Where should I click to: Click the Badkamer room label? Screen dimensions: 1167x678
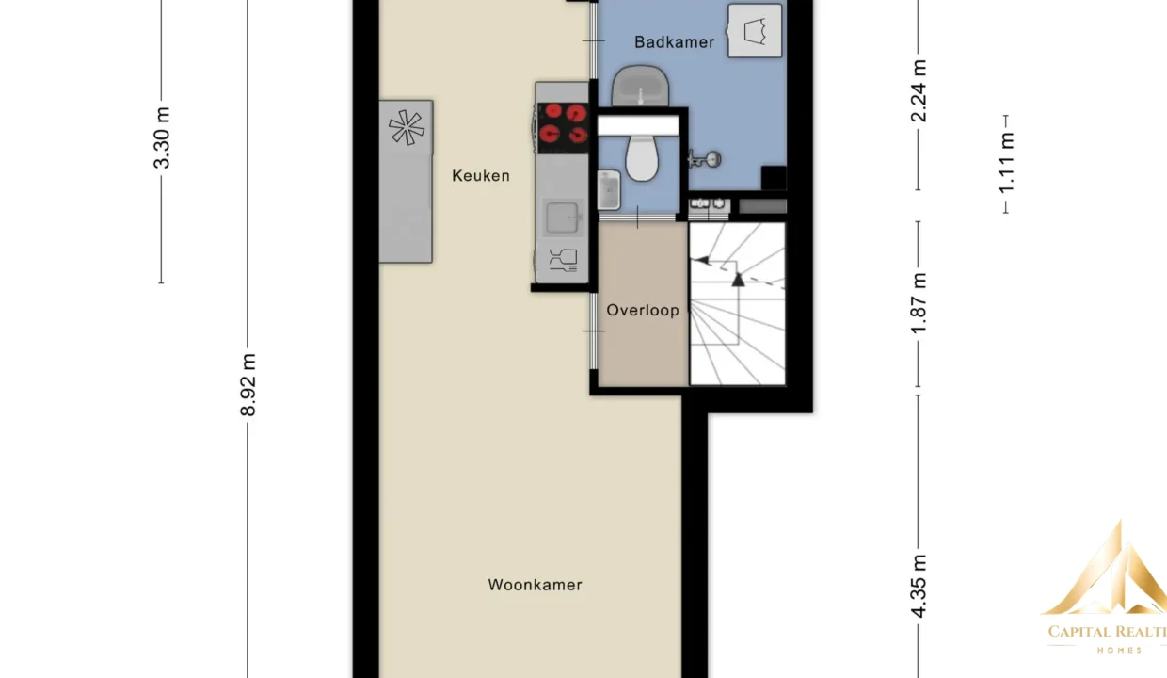point(674,42)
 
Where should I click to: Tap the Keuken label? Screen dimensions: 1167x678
point(481,176)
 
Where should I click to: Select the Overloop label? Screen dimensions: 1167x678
point(643,310)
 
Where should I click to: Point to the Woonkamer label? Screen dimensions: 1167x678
point(536,585)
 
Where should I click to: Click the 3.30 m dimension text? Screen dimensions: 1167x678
point(162,138)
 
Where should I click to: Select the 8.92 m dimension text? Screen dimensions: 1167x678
point(248,385)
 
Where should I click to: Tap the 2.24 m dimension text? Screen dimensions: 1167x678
point(919,91)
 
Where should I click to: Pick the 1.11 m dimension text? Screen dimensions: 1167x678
point(1006,163)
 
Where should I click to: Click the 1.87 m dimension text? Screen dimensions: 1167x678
point(919,303)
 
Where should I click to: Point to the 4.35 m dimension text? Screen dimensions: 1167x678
point(919,587)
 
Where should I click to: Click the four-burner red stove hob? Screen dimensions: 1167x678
point(563,123)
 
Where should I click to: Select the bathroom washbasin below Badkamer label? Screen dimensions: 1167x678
point(640,86)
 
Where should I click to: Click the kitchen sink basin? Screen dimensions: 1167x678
point(562,217)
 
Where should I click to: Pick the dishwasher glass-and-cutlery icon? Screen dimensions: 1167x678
point(563,260)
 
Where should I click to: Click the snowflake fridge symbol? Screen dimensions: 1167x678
point(407,127)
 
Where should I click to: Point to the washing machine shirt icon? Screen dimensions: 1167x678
point(755,31)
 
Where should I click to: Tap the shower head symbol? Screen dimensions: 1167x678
point(705,159)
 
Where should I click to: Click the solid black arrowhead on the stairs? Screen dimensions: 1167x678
point(738,281)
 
